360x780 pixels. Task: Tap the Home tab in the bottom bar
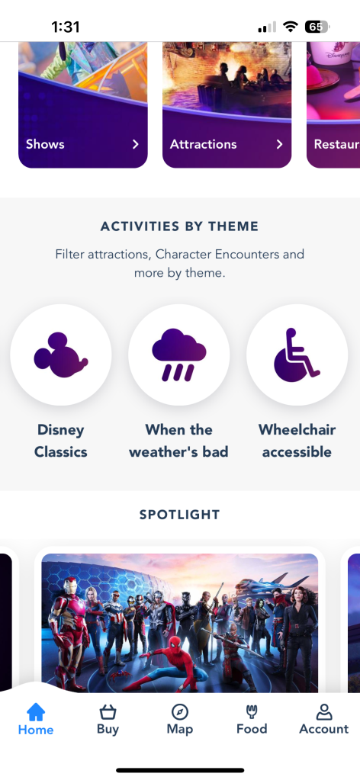pos(36,720)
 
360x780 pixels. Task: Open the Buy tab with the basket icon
pos(108,720)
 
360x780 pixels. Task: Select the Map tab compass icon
pos(179,720)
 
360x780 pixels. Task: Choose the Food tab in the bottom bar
pos(252,720)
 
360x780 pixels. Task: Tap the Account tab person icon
pos(323,720)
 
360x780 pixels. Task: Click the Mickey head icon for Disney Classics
pos(61,355)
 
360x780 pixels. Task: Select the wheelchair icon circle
pos(297,355)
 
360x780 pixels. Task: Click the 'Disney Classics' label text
pos(61,441)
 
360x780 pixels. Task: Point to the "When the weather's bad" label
pos(179,441)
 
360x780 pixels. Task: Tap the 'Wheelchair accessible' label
pos(297,441)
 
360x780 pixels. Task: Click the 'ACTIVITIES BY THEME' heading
pos(179,226)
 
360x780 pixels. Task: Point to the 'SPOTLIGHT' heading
pos(179,515)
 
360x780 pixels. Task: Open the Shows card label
pos(46,144)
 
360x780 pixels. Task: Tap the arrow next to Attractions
pos(280,144)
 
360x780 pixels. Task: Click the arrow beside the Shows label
pos(136,144)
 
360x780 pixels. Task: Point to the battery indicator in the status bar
pos(316,27)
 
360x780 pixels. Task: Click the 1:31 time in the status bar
pos(66,27)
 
